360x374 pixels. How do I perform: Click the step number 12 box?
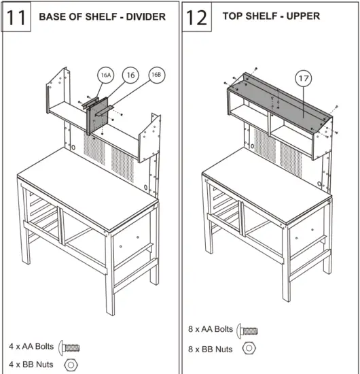(197, 17)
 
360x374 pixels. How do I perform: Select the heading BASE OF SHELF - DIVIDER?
(102, 16)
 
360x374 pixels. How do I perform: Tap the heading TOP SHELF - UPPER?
(271, 16)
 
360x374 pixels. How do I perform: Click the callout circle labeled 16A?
(105, 75)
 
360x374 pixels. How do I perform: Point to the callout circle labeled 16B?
(156, 74)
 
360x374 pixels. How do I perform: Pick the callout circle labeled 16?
(130, 74)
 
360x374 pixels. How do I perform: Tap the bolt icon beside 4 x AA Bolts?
(70, 347)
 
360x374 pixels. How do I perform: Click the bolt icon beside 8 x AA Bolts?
(249, 330)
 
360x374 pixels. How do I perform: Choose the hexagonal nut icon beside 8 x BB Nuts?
(249, 348)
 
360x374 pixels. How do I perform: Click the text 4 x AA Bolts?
(31, 346)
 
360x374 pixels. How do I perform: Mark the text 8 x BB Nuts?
(210, 349)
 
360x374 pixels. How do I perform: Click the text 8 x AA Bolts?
(210, 330)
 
